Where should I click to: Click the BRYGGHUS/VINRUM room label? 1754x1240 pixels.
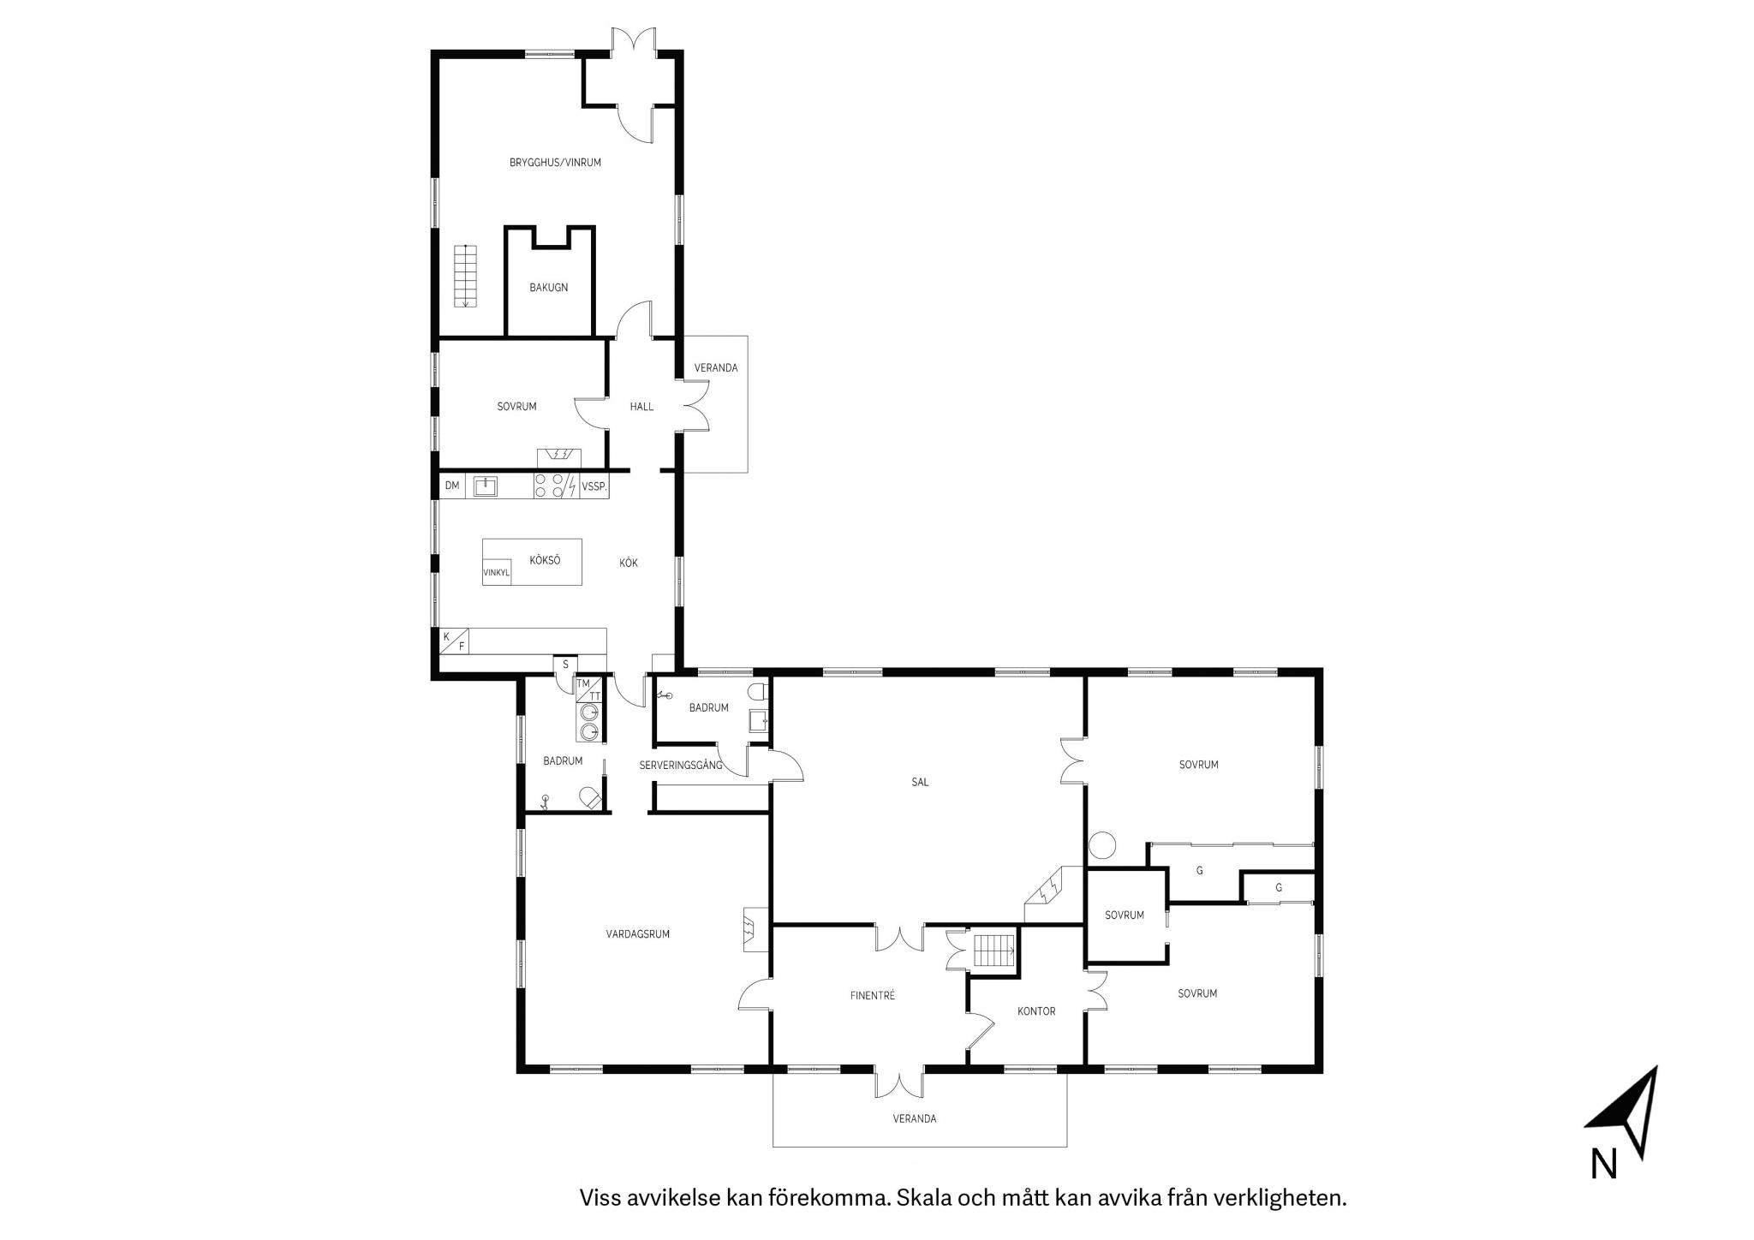[555, 162]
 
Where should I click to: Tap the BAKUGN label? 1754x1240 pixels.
[548, 288]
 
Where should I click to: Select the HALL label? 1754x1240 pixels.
[641, 407]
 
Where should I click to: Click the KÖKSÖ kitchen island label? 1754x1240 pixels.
[545, 560]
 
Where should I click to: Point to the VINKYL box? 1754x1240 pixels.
[497, 573]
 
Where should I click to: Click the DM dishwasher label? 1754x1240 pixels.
[452, 486]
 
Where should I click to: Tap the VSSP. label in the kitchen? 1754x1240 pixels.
[594, 486]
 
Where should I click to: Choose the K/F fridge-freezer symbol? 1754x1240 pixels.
[454, 641]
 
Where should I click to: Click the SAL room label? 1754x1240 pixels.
[921, 782]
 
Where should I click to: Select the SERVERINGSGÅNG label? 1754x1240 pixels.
[681, 765]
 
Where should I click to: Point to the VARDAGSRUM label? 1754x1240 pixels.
[638, 934]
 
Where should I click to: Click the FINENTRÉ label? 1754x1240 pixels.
[873, 995]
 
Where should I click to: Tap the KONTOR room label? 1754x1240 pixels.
[1036, 1011]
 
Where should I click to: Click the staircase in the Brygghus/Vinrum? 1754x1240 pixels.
[466, 276]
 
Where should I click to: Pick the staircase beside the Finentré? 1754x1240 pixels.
[994, 951]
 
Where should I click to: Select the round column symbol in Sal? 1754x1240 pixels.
[1102, 846]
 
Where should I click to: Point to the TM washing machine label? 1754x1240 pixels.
[583, 683]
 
